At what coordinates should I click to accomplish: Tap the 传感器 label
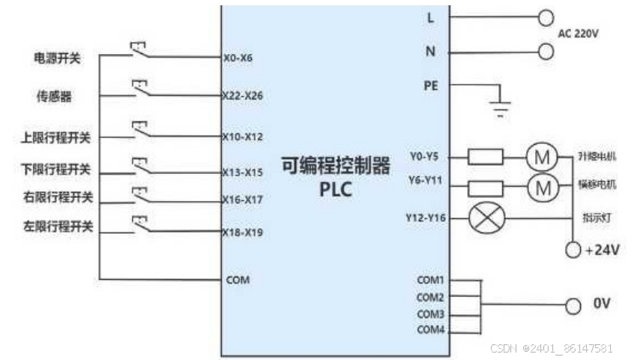[x=55, y=97]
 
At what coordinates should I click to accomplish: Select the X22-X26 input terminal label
[x=242, y=97]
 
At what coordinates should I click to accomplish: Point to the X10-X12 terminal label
[x=242, y=137]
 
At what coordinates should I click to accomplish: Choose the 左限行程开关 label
[x=58, y=226]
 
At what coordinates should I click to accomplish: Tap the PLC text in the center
[x=335, y=189]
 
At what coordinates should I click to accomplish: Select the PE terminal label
[x=431, y=85]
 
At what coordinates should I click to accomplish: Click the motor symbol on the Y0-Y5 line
[x=541, y=157]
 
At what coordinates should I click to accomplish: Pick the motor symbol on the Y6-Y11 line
[x=541, y=187]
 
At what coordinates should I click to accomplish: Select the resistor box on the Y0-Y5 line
[x=485, y=157]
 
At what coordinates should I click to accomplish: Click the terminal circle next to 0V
[x=573, y=305]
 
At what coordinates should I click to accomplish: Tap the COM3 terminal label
[x=430, y=313]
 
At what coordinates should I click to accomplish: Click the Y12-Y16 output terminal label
[x=426, y=218]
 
